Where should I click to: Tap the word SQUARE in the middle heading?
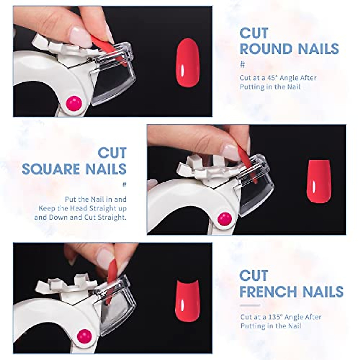pyautogui.click(x=51, y=169)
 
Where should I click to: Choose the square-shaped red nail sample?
pyautogui.click(x=319, y=181)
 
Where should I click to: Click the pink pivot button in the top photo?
pyautogui.click(x=74, y=103)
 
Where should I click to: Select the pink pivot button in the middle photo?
pyautogui.click(x=224, y=219)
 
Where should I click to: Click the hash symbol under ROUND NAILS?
pyautogui.click(x=243, y=64)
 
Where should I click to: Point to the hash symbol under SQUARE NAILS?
pyautogui.click(x=124, y=184)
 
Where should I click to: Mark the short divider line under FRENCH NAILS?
pyautogui.click(x=250, y=305)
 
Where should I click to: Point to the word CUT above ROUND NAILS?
pyautogui.click(x=254, y=33)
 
